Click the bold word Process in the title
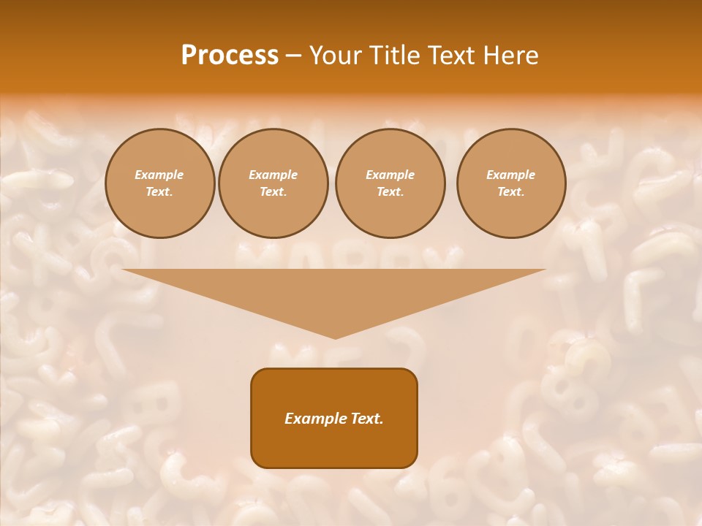230,56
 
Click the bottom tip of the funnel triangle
335,337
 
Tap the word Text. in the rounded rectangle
365,419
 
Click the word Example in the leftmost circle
159,175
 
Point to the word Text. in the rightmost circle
511,192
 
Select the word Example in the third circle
390,175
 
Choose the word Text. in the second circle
273,192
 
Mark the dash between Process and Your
293,56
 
